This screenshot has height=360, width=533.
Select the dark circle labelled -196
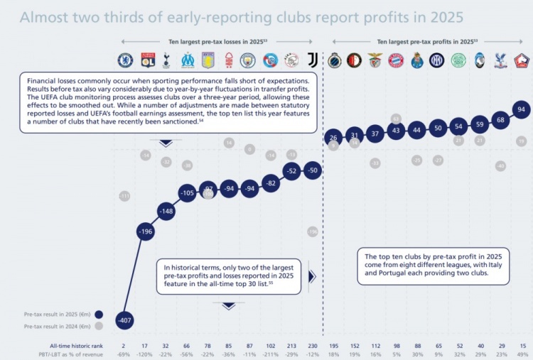(146, 231)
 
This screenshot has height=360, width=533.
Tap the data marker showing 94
(522, 109)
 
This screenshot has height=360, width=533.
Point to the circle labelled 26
(333, 137)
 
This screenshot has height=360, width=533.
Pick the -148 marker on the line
(166, 212)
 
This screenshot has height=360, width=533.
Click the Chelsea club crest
(125, 60)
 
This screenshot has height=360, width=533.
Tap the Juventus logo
(313, 60)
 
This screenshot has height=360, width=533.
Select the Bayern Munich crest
(397, 60)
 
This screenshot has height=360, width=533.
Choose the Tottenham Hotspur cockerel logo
(166, 60)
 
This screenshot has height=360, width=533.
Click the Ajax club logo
(291, 60)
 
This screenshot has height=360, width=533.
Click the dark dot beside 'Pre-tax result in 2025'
(98, 314)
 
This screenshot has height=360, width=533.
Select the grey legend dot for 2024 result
(98, 326)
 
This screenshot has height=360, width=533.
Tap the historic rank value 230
(313, 345)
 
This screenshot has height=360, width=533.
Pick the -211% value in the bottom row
(271, 354)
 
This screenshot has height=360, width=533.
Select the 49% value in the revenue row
(522, 354)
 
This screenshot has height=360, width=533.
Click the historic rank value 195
(333, 345)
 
